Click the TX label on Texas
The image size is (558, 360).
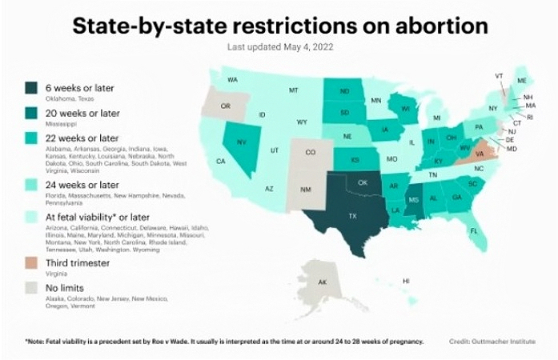(351, 216)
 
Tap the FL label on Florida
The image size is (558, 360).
(473, 230)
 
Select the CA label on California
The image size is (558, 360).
(220, 162)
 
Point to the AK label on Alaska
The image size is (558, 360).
(322, 282)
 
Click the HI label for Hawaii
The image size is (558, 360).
(406, 281)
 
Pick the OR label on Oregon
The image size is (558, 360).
(225, 106)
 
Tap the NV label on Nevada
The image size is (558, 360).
(241, 142)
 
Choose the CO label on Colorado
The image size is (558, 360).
(310, 152)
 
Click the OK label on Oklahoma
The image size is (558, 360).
(362, 182)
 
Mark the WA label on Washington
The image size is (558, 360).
(232, 80)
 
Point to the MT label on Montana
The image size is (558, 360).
(293, 90)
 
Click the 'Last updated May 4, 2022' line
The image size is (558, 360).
(279, 46)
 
